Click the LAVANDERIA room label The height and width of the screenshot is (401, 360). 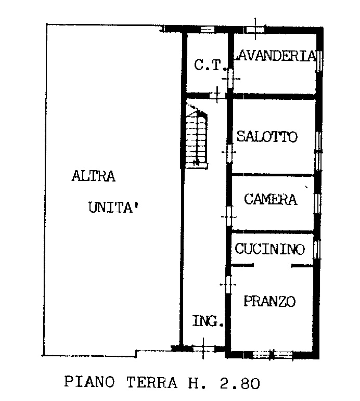(276, 56)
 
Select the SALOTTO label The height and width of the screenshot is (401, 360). (267, 136)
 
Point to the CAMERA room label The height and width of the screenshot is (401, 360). (271, 199)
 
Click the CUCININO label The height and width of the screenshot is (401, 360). (269, 249)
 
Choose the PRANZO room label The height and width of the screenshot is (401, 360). (269, 301)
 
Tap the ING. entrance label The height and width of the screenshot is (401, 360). (208, 321)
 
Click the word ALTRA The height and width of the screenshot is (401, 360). (94, 176)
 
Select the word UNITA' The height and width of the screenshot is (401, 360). (114, 207)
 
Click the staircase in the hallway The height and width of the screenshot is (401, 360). (197, 137)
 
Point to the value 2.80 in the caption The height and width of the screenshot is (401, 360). (239, 383)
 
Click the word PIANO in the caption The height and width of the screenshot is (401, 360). (89, 383)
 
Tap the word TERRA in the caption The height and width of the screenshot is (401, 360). (152, 383)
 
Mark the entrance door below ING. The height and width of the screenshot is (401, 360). (203, 348)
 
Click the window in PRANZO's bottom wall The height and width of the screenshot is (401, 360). (273, 355)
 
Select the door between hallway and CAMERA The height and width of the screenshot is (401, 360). (229, 216)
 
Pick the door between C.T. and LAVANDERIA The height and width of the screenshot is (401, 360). (230, 78)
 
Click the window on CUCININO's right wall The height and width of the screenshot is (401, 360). (317, 250)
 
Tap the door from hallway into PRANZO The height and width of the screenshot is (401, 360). (228, 284)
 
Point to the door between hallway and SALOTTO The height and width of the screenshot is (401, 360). (229, 153)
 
